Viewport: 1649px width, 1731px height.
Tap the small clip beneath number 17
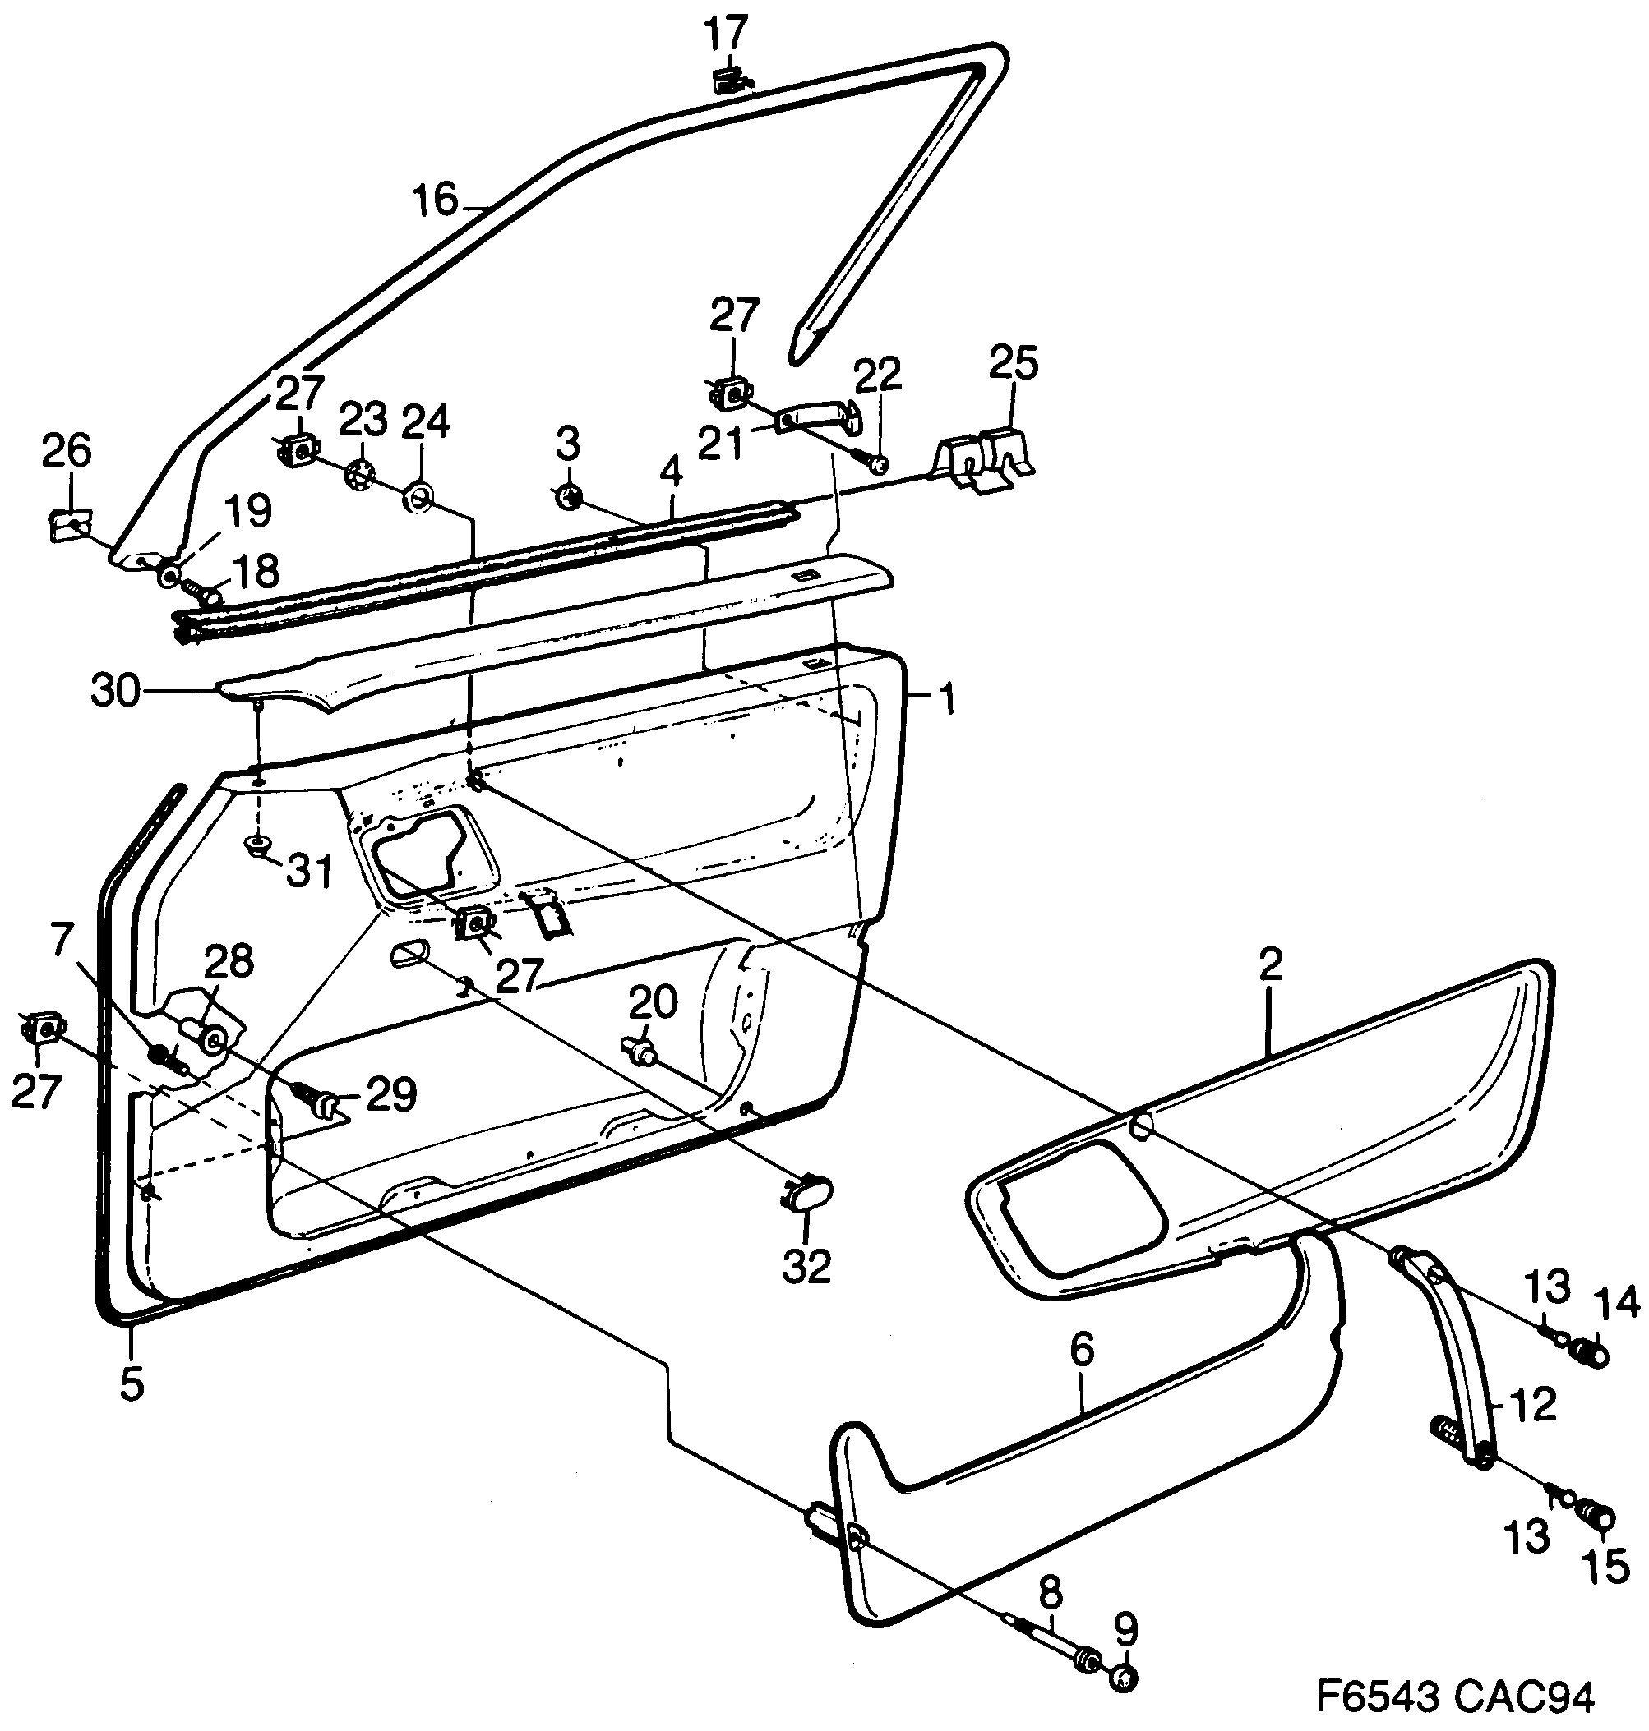pos(727,81)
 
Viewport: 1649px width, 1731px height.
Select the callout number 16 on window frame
pos(436,200)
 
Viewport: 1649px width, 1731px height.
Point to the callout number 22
pos(877,376)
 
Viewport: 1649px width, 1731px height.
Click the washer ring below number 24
pos(418,500)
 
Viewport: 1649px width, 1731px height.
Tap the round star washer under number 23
pos(358,476)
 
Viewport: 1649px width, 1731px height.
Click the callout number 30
pos(115,692)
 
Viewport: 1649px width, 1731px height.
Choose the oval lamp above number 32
pos(807,1192)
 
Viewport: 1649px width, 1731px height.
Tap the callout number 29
pos(391,1095)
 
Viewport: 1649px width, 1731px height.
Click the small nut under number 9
pos(1125,1678)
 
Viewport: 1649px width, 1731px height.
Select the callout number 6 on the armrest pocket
pos(1081,1350)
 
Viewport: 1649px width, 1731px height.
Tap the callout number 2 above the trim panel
pos(1270,964)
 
